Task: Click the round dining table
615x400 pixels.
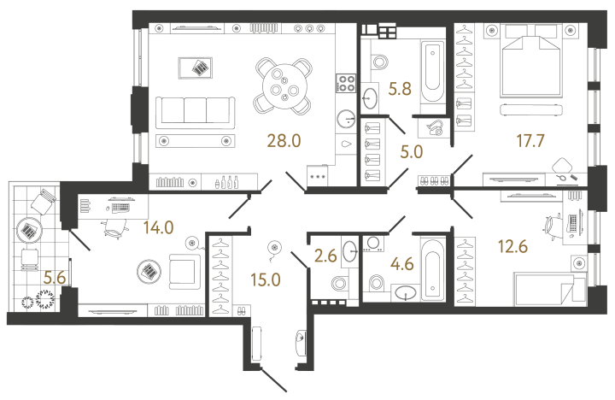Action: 282,83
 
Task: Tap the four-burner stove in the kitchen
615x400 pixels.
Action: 346,84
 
